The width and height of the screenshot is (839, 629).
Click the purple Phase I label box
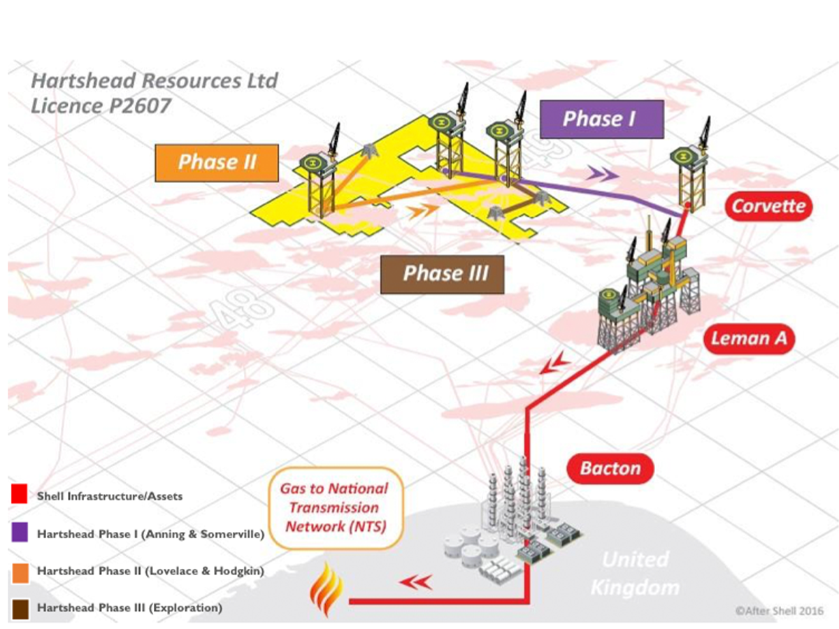[x=601, y=119]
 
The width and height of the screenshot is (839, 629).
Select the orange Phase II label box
[x=217, y=162]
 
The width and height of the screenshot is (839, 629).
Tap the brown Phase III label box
[x=443, y=273]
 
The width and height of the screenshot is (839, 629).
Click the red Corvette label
[x=768, y=206]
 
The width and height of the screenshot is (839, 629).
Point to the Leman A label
[x=748, y=339]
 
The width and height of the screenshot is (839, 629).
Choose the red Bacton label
[x=610, y=468]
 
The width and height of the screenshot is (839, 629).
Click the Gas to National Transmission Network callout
[x=334, y=507]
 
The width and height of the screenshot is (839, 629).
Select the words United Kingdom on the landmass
[x=634, y=573]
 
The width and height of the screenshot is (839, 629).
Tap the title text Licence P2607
[x=101, y=106]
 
